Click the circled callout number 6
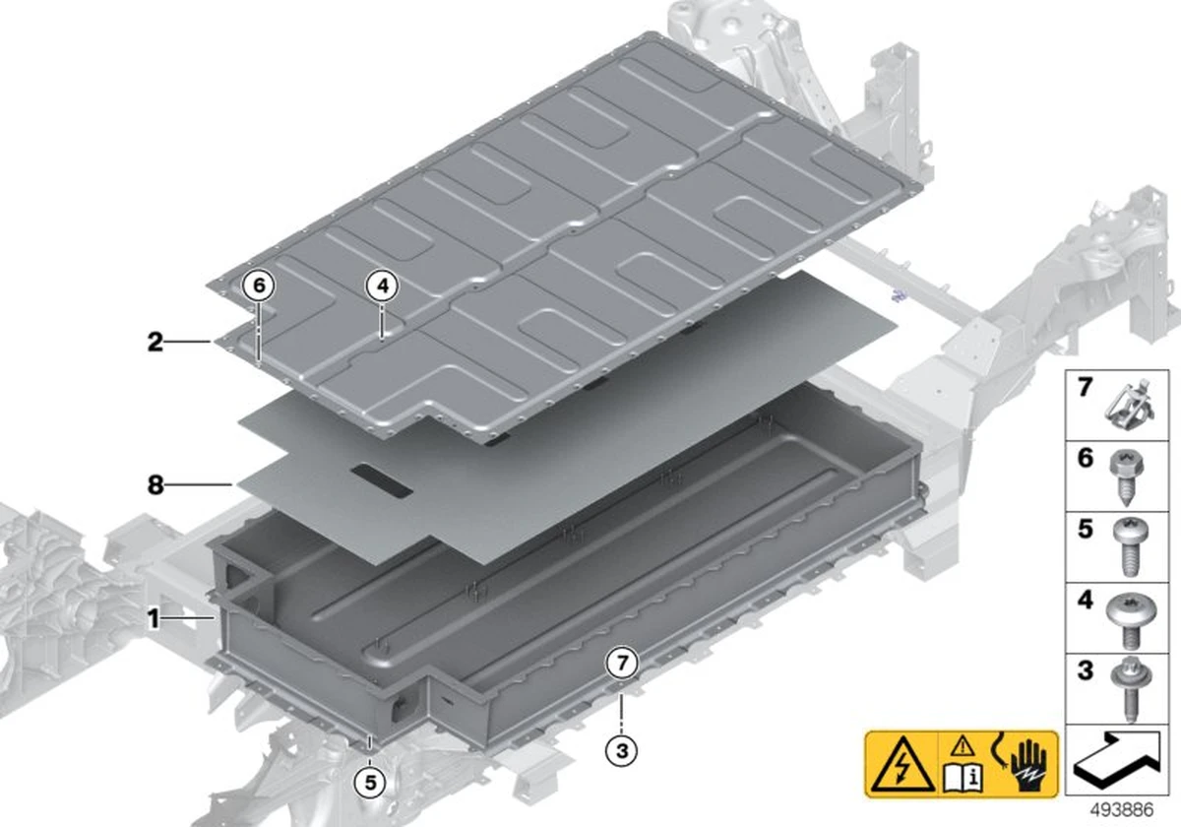tap(259, 286)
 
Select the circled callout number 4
tap(383, 286)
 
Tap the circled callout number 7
tap(621, 664)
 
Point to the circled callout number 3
tap(621, 751)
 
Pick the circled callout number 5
tap(369, 784)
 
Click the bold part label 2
tap(155, 343)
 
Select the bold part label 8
tap(155, 484)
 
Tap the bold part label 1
tap(154, 619)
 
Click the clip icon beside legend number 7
tap(1130, 405)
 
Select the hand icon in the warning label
tap(1027, 764)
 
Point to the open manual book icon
tap(963, 775)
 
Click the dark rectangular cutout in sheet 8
tap(379, 480)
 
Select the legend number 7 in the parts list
tap(1085, 388)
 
